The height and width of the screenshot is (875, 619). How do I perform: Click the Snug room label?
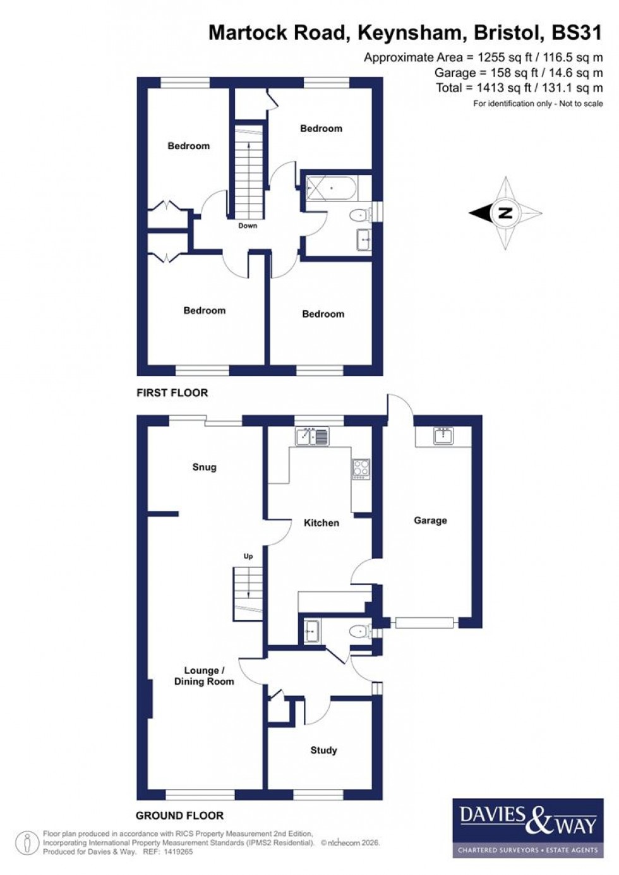click(x=204, y=467)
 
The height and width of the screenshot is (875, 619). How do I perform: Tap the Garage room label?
click(x=430, y=521)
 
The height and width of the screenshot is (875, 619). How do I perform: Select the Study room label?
click(x=323, y=750)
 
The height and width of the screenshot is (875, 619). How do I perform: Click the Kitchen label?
click(x=322, y=522)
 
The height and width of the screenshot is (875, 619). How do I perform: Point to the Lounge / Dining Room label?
click(x=203, y=676)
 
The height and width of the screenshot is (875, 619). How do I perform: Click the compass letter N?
click(x=505, y=213)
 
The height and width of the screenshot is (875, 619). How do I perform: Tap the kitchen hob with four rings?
click(x=361, y=468)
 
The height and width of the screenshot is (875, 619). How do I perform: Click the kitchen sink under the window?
click(x=312, y=437)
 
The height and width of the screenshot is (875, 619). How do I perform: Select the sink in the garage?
click(x=443, y=435)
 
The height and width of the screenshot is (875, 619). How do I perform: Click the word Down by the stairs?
click(x=248, y=226)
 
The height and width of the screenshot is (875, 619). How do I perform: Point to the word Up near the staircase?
click(x=248, y=556)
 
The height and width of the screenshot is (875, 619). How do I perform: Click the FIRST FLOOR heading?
click(x=172, y=392)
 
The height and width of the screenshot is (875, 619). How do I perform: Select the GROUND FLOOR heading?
click(x=179, y=815)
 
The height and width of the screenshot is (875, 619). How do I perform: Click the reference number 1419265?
click(x=177, y=852)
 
